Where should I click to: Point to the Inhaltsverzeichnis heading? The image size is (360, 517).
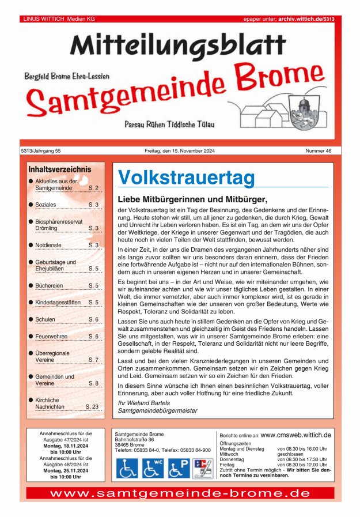pyautogui.click(x=60, y=169)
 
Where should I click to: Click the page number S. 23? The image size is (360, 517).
pyautogui.click(x=92, y=406)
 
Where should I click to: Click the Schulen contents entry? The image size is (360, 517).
pyautogui.click(x=46, y=319)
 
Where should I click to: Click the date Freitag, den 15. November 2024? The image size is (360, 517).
pyautogui.click(x=180, y=151)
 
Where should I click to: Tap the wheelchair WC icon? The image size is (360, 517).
pyautogui.click(x=152, y=468)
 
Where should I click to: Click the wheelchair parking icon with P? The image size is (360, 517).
pyautogui.click(x=178, y=468)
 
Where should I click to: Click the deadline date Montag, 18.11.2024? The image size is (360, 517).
pyautogui.click(x=66, y=446)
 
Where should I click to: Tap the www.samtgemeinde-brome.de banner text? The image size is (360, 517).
pyautogui.click(x=180, y=494)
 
